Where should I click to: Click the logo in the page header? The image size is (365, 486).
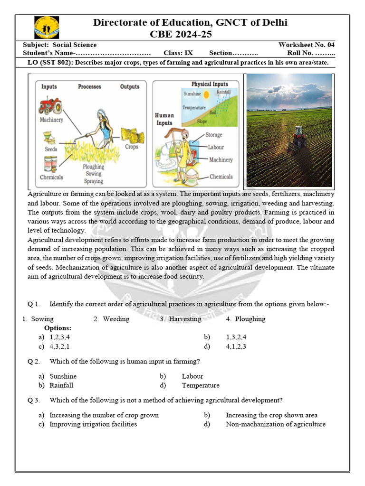tap(47, 28)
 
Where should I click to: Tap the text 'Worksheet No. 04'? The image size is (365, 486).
tap(306, 45)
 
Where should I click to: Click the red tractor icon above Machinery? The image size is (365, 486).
tap(50, 105)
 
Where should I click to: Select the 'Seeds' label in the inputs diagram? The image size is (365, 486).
tap(51, 149)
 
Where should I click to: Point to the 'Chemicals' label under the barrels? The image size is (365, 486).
tap(51, 177)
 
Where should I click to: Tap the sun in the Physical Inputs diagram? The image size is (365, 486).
tap(206, 95)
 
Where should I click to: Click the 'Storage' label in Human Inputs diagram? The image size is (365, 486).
tap(213, 135)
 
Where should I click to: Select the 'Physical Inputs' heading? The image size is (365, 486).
tap(210, 84)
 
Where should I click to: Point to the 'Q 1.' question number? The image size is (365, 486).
tap(34, 304)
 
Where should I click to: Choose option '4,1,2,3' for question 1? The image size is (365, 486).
tap(236, 346)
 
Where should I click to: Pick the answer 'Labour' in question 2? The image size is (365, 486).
tap(192, 376)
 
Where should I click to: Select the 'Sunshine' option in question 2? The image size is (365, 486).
tap(63, 376)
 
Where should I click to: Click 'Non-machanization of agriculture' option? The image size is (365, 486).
tap(275, 424)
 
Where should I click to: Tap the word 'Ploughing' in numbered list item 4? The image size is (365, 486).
tap(250, 319)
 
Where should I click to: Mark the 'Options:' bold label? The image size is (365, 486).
tap(58, 328)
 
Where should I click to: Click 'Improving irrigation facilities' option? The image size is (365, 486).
tap(93, 424)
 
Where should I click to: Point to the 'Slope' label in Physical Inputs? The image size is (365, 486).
tap(202, 121)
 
